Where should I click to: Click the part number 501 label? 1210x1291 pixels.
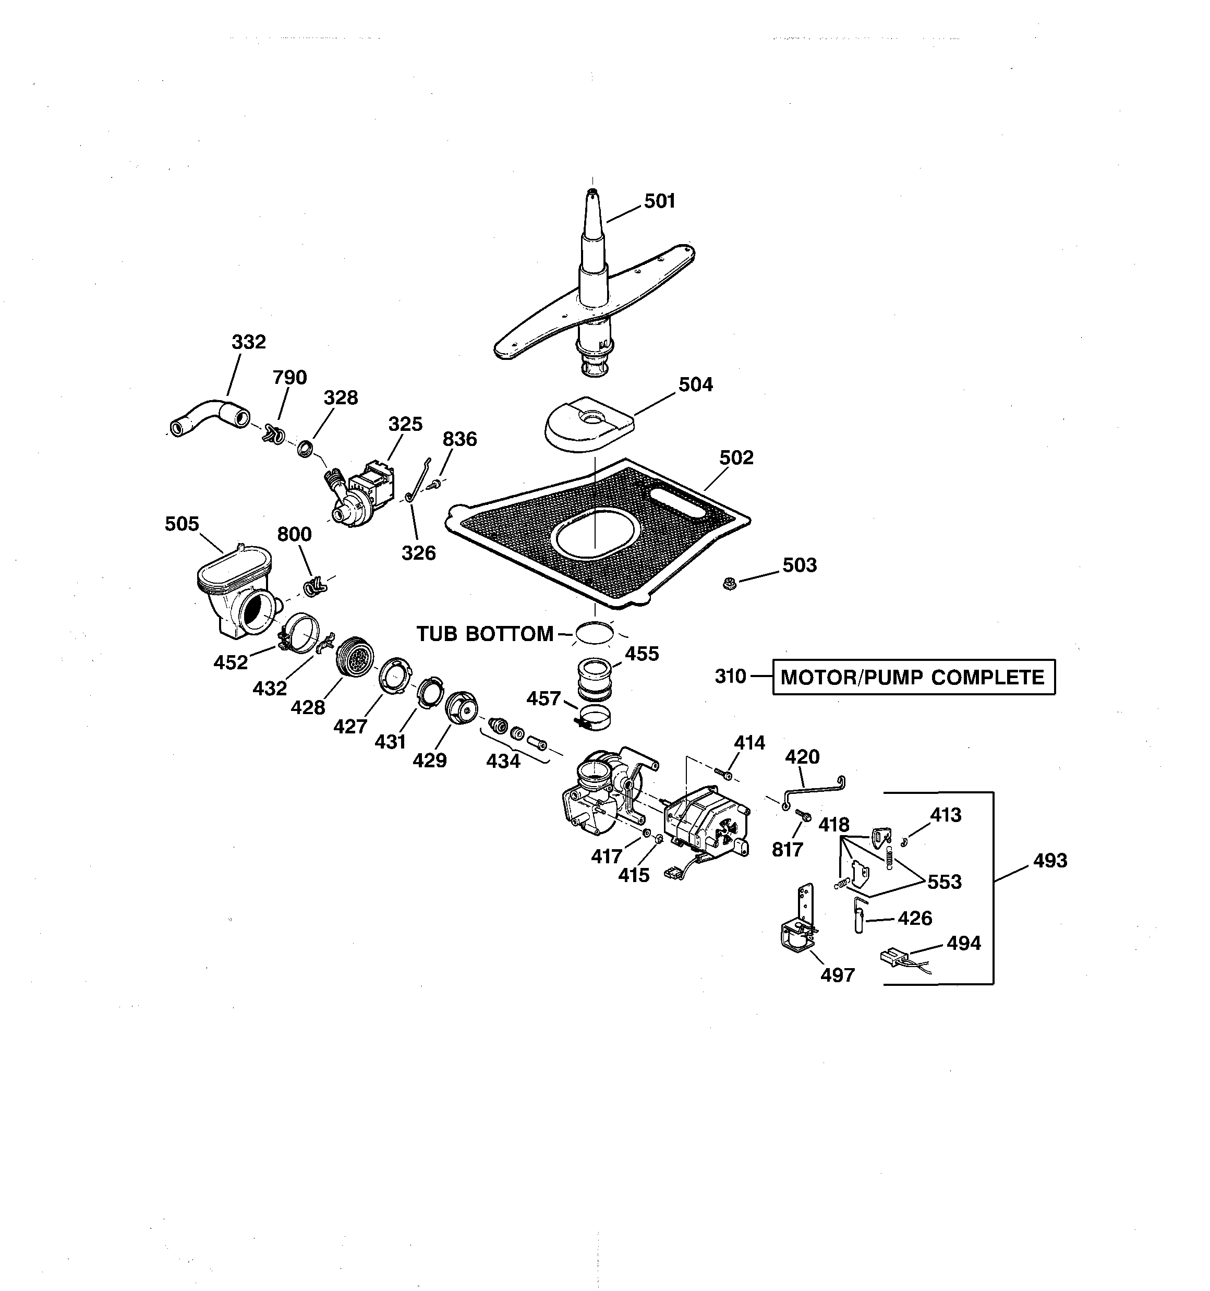click(659, 201)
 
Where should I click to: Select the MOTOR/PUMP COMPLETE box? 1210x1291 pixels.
click(913, 678)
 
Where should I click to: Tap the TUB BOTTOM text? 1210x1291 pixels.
click(485, 634)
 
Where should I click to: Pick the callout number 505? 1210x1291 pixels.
click(182, 524)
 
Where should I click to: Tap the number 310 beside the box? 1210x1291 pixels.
click(731, 677)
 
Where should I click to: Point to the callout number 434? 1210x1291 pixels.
click(503, 761)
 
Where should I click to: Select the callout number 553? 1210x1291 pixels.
click(945, 882)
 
